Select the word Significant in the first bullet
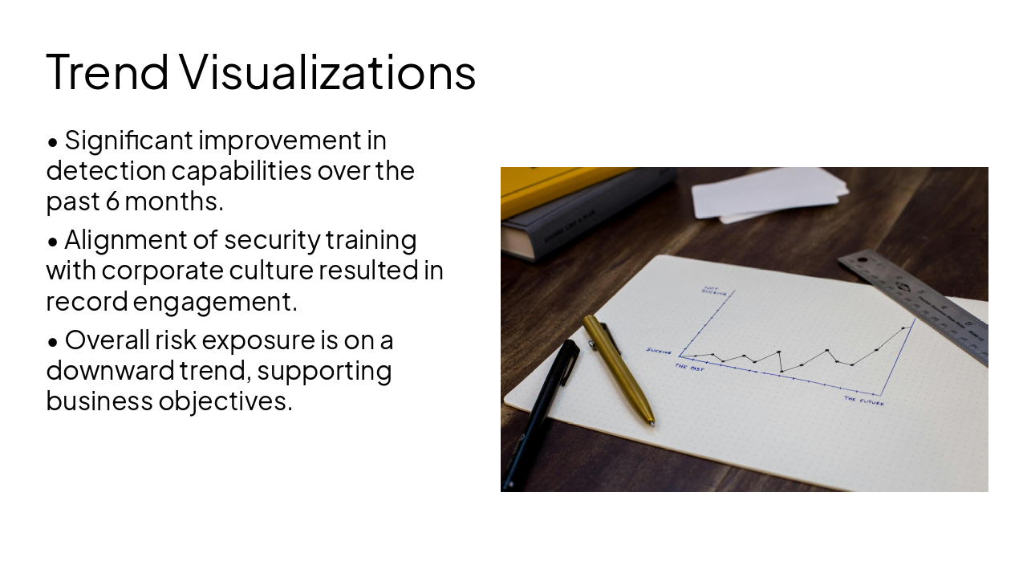(128, 140)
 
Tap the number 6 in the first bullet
(112, 201)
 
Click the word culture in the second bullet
(270, 271)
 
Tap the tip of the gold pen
(652, 422)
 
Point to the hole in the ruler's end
(862, 260)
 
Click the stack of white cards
(769, 193)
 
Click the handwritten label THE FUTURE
(864, 401)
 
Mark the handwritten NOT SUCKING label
(713, 291)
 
